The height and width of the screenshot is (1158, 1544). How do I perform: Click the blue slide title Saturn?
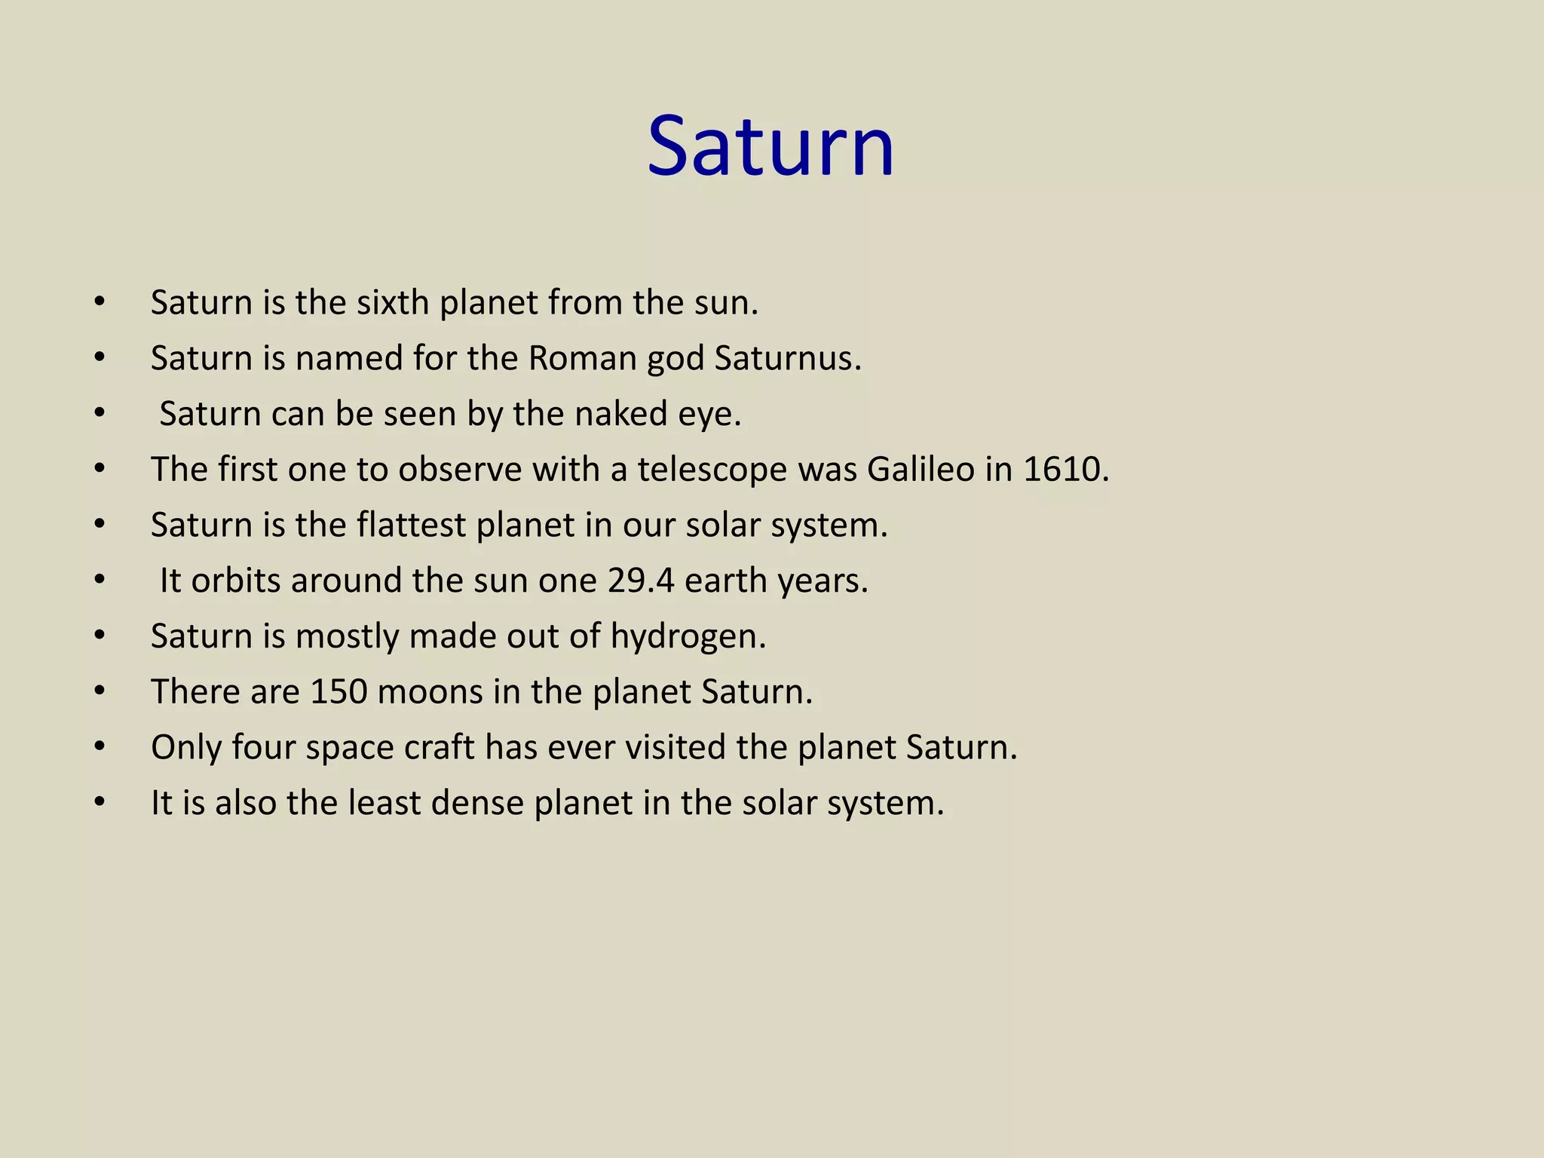pos(770,146)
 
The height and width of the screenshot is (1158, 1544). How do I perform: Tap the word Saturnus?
pos(787,358)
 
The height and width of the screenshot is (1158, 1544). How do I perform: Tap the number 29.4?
pos(640,581)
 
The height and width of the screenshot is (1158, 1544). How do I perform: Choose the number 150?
pos(339,691)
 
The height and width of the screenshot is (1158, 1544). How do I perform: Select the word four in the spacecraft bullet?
pos(263,747)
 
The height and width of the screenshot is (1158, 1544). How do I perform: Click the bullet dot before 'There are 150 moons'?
pos(100,691)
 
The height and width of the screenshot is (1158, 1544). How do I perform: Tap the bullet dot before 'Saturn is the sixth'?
pos(100,302)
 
